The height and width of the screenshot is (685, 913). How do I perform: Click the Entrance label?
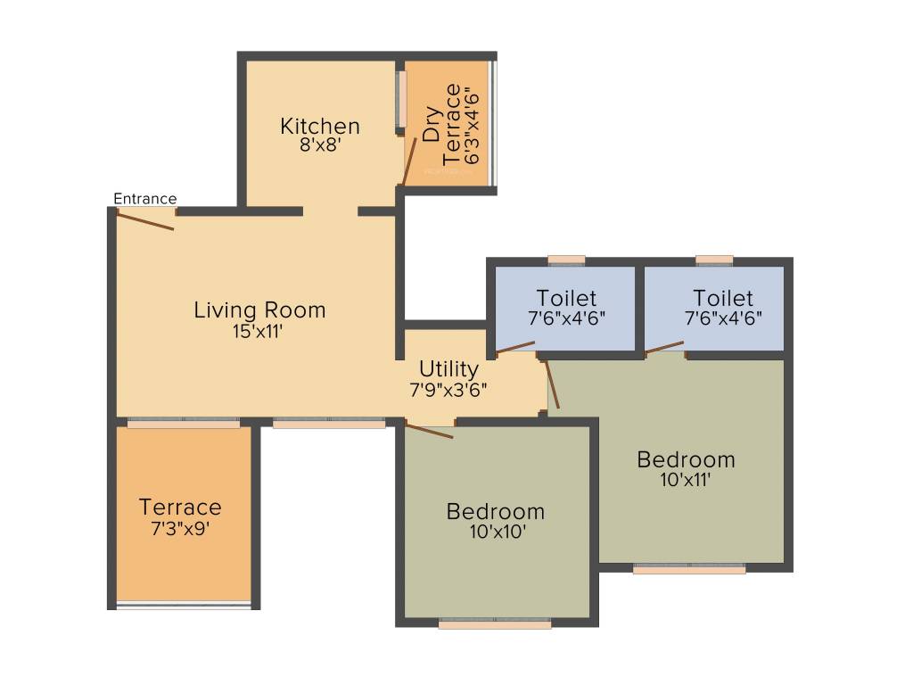(144, 198)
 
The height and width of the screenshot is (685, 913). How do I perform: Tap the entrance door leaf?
(144, 221)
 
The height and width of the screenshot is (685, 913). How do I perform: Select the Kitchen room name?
(319, 126)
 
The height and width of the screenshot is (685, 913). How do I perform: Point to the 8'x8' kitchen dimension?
(319, 144)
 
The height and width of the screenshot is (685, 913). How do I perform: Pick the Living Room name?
(259, 310)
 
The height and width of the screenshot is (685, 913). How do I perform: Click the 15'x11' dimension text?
(259, 331)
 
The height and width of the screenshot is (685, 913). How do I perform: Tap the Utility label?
(448, 368)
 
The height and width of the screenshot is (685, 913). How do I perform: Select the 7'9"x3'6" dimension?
(448, 389)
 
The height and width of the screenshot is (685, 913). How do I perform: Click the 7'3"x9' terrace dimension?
(180, 527)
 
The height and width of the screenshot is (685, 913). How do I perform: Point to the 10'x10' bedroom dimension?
(495, 532)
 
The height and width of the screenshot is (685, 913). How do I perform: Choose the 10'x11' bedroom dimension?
(686, 480)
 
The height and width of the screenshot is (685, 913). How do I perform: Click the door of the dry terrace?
(409, 161)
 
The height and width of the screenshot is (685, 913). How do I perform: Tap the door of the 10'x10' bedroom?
(429, 432)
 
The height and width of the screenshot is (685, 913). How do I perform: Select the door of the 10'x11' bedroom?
(552, 384)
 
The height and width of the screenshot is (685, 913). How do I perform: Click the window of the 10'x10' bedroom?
(495, 623)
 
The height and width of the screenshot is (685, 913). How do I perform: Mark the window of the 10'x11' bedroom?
(689, 569)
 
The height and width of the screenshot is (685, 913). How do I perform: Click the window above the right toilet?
(713, 260)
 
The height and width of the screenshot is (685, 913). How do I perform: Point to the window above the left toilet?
(566, 260)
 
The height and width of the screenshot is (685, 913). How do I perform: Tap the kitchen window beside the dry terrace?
(402, 99)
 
